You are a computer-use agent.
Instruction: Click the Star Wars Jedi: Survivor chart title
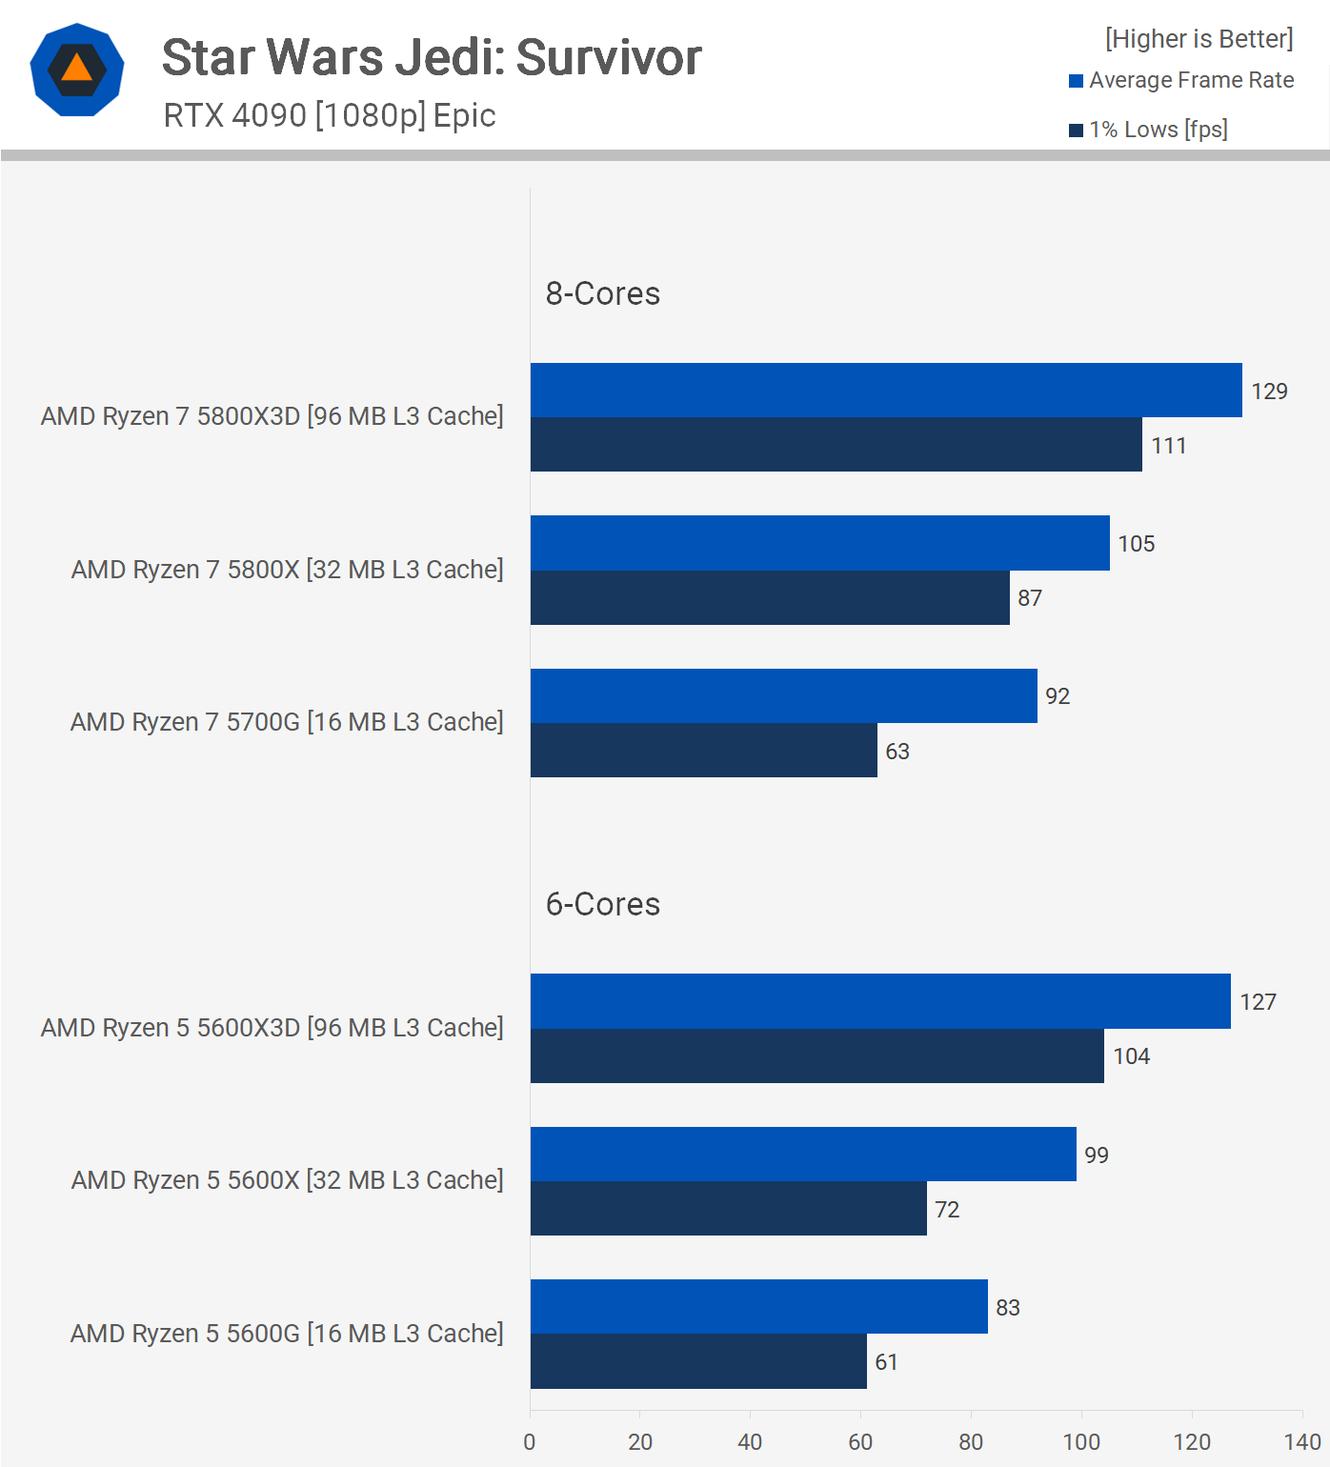coord(432,57)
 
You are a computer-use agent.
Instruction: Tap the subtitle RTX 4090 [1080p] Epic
coord(330,115)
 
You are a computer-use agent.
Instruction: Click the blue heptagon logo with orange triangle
coord(77,70)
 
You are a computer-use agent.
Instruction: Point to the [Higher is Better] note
coord(1199,39)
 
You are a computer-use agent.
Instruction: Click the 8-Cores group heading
coord(602,293)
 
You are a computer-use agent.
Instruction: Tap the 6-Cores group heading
coord(602,904)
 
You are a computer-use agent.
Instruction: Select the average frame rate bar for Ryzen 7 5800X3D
coord(886,391)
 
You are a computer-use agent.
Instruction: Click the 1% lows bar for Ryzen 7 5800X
coord(770,598)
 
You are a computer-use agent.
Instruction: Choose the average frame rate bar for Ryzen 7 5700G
coord(783,696)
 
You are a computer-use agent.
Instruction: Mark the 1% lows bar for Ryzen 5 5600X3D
coord(816,1056)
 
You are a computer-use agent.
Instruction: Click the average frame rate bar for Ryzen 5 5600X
coord(803,1155)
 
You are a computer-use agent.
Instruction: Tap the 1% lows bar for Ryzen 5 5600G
coord(698,1362)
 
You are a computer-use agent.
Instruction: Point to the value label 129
coord(1269,392)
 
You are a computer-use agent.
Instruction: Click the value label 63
coord(897,752)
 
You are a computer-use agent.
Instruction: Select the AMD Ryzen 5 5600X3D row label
coord(272,1028)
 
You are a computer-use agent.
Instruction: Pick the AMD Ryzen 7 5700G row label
coord(287,722)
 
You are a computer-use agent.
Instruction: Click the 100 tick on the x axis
coord(1081,1442)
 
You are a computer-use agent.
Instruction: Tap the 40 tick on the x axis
coord(750,1442)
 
